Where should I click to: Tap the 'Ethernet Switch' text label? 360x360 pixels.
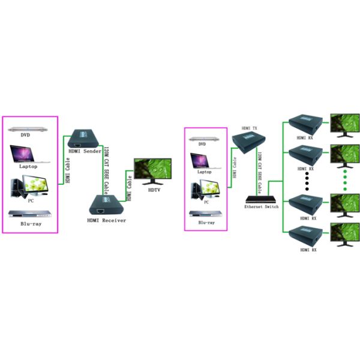tap(262, 206)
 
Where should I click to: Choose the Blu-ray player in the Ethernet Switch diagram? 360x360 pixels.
tap(205, 212)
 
